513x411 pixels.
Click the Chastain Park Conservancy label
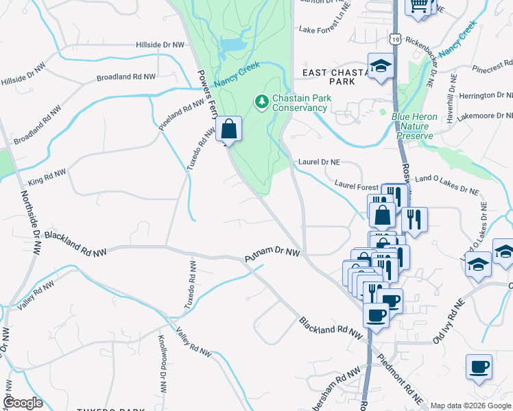[301, 103]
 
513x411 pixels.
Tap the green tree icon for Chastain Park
[261, 102]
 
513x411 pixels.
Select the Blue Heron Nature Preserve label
[414, 126]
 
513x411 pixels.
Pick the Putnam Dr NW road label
[273, 255]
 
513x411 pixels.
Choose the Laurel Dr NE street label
[320, 162]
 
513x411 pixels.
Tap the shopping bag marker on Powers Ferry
[229, 128]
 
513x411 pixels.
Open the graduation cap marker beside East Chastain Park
[381, 66]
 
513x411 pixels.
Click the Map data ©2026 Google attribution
[470, 406]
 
